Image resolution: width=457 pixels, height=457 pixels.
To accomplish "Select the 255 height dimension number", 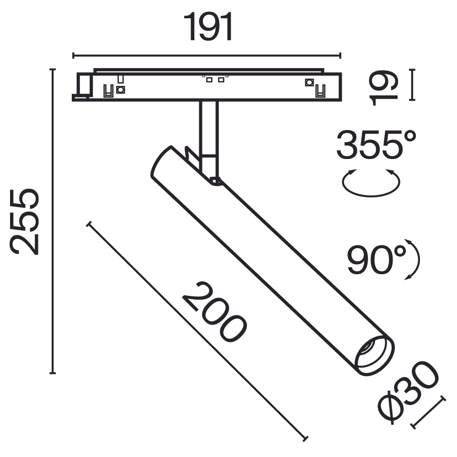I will pos(25,221).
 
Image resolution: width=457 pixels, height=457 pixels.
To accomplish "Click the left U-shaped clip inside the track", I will pos(109,91).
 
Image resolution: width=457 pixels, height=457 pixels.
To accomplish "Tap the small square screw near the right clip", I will pos(309,83).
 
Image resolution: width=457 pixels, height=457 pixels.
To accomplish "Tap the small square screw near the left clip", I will pos(121,90).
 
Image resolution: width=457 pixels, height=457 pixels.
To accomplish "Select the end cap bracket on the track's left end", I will pos(83,87).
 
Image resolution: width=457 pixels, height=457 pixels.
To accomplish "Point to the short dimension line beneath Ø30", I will pos(428,413).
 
